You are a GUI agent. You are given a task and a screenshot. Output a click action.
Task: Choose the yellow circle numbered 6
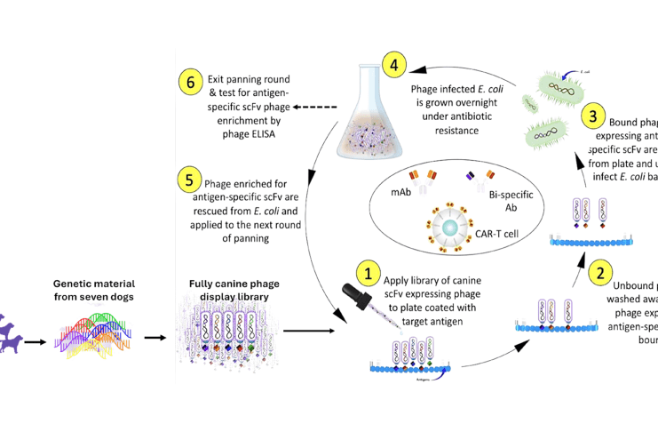coord(189,83)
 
